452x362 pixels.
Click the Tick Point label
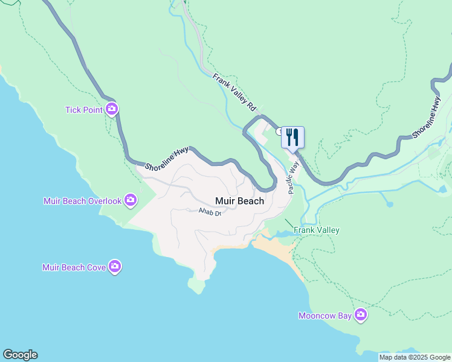[x=84, y=110]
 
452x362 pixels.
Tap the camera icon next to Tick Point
[x=112, y=109]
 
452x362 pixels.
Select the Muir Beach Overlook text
[x=82, y=200]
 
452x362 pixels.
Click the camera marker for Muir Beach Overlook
[x=131, y=200]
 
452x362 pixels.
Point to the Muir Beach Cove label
[x=74, y=267]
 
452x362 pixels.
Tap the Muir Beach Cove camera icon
[x=115, y=267]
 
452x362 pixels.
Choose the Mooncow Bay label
[x=324, y=316]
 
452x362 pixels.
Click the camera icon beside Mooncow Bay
[x=361, y=315]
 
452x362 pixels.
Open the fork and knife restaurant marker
[x=292, y=136]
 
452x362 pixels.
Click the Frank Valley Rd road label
[x=234, y=92]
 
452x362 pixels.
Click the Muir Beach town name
[x=240, y=201]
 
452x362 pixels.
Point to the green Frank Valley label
[x=316, y=230]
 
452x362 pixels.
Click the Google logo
[x=20, y=355]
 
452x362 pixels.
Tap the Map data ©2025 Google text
[x=415, y=357]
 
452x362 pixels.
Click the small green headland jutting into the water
[x=196, y=285]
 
